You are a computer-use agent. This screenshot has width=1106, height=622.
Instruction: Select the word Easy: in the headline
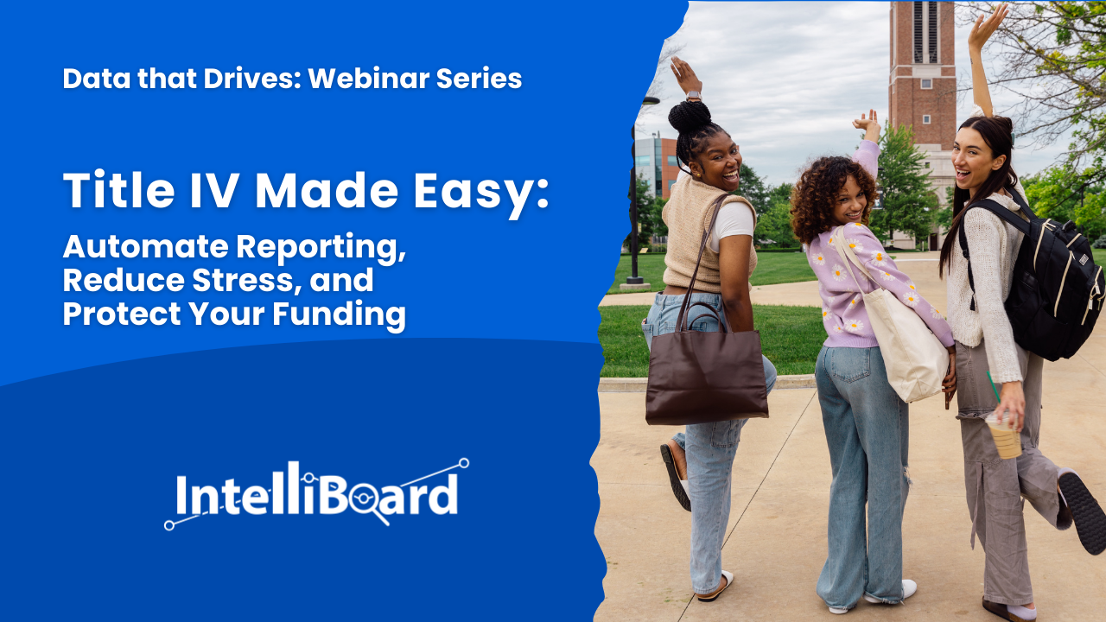point(481,193)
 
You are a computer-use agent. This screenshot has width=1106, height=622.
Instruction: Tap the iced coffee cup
point(1003,434)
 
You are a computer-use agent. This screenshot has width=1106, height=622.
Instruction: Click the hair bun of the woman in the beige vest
point(690,117)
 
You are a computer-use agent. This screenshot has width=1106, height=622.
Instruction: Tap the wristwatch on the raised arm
point(693,95)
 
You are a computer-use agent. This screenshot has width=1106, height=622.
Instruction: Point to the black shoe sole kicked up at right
point(1082,511)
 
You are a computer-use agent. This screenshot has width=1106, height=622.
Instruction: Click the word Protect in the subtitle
point(122,314)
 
